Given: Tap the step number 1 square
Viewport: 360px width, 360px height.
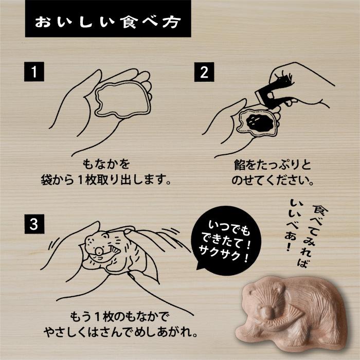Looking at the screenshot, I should [x=34, y=72].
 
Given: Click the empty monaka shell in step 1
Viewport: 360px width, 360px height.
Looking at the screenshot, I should [x=121, y=102].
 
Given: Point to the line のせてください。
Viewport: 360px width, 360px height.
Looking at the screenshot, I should [x=273, y=181].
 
